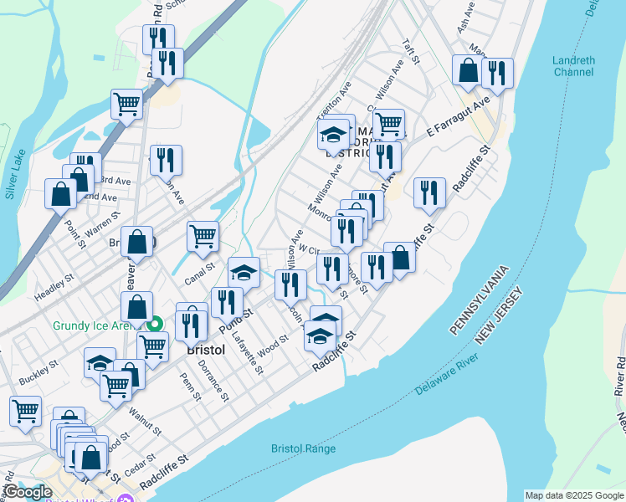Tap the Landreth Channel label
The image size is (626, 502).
573,65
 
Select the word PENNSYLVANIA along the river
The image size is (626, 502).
480,301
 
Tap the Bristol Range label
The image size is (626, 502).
303,448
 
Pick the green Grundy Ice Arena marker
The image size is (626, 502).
154,325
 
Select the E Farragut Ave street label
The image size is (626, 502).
457,118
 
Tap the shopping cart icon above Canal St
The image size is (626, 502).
203,237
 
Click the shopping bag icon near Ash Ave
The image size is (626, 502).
468,71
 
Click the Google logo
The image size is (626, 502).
28,492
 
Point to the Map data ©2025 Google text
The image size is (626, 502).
573,495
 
